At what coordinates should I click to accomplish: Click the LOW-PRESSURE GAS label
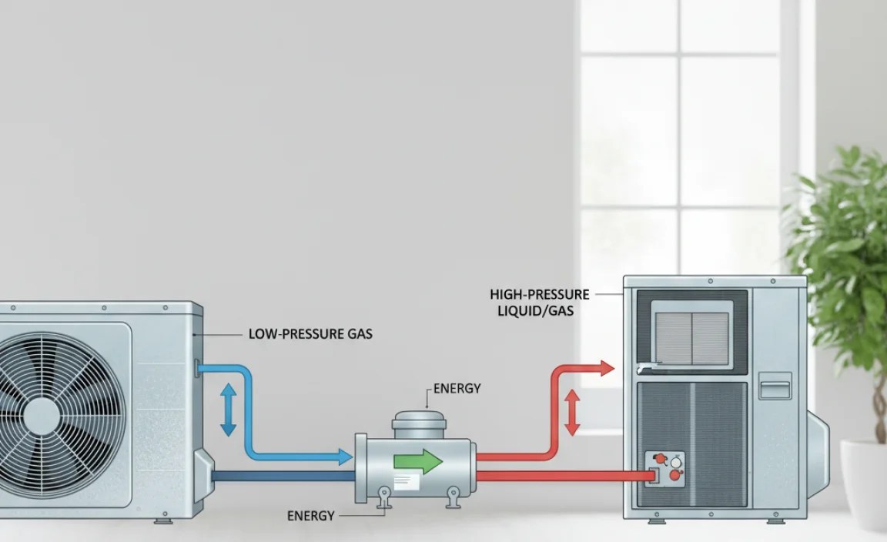coord(310,335)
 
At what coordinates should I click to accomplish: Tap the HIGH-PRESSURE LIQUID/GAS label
coord(539,303)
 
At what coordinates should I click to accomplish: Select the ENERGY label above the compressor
coord(457,389)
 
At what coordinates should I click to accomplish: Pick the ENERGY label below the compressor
coord(310,516)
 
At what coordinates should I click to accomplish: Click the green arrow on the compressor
coord(417,462)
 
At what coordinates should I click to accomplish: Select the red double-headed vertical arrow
coord(572,413)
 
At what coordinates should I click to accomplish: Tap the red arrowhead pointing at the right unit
coord(606,368)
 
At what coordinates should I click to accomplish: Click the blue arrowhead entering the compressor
coord(346,457)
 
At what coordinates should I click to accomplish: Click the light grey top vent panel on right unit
coord(692,333)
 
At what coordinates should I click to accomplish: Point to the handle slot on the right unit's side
coord(775,385)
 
